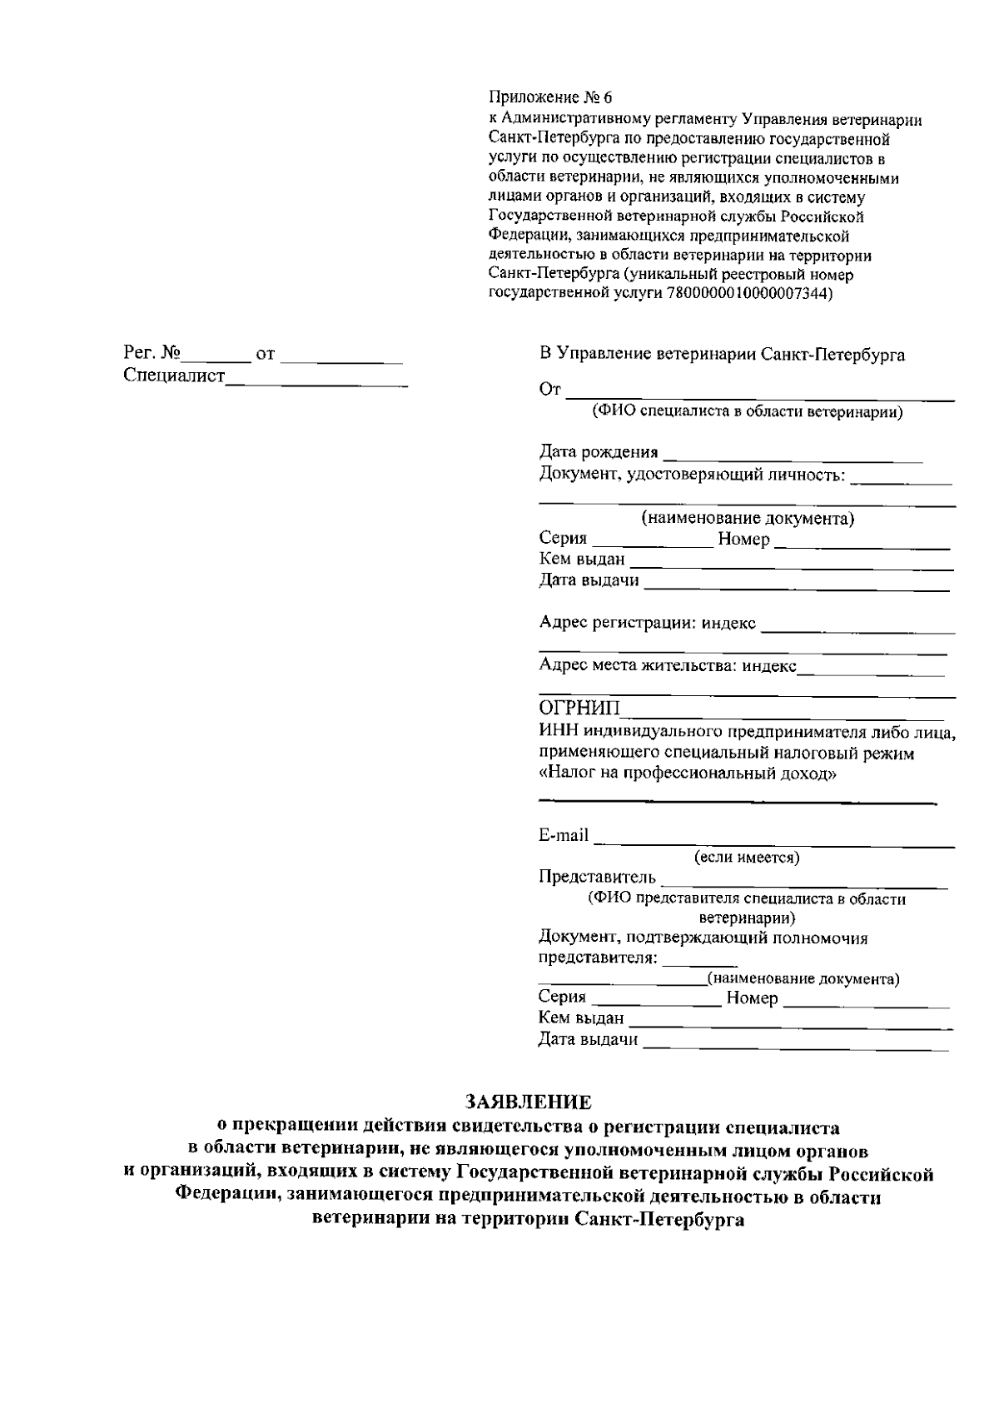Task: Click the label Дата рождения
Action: click(598, 452)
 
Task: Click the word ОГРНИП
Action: click(579, 709)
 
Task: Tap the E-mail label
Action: click(564, 835)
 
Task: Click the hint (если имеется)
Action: click(747, 857)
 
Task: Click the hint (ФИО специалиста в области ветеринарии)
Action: click(747, 412)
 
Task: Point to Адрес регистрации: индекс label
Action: click(648, 623)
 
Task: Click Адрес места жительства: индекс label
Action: click(668, 665)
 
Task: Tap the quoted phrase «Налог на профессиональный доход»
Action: click(688, 774)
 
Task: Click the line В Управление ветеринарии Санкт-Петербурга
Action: click(722, 355)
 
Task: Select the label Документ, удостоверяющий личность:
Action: click(693, 475)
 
